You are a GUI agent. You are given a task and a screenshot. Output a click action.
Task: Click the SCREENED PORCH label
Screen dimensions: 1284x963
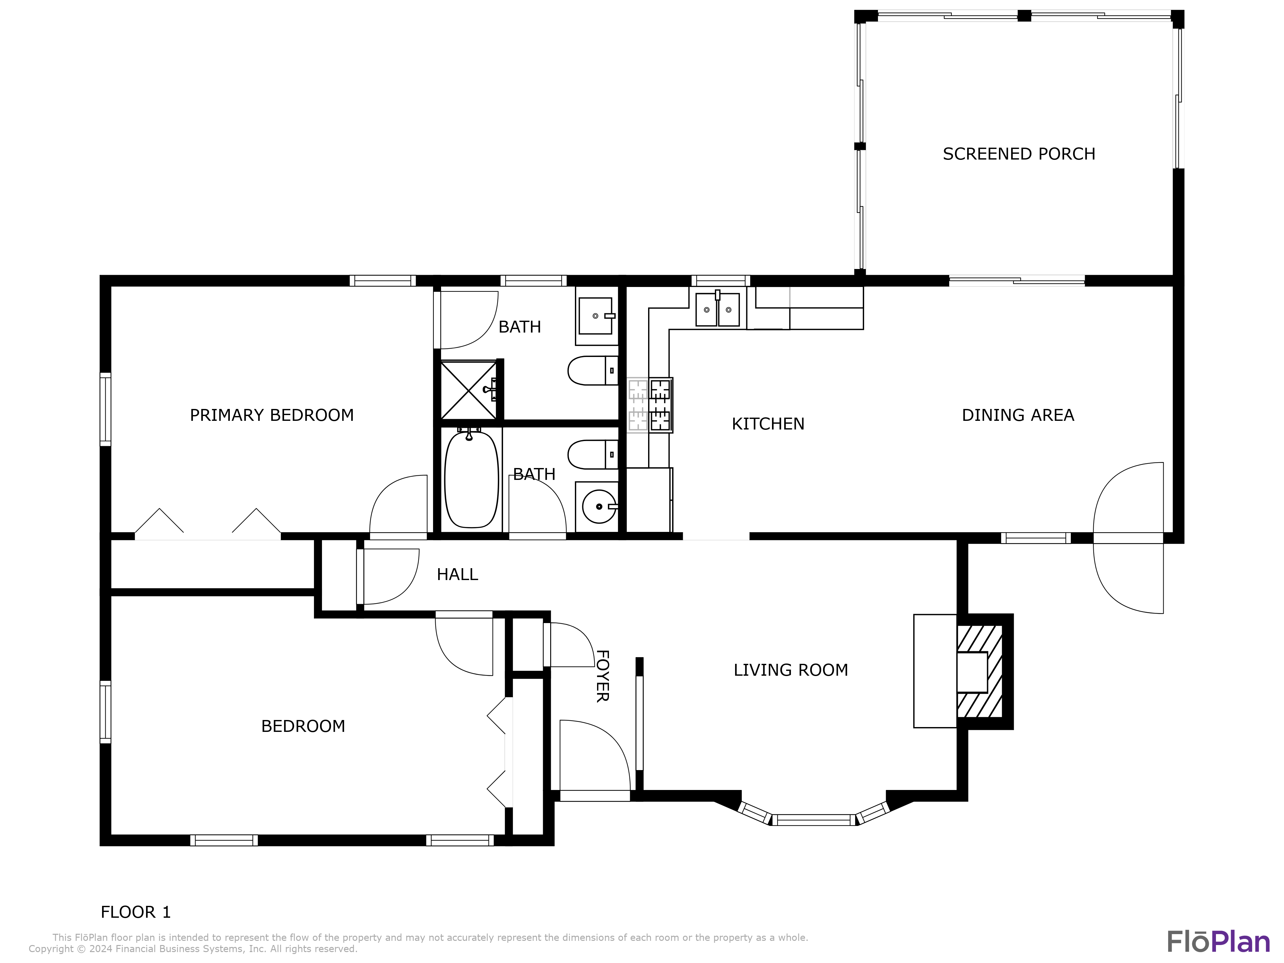1019,154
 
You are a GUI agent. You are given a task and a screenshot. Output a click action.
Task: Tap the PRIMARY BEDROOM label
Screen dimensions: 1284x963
272,415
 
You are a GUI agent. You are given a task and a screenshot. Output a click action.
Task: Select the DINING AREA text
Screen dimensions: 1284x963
1018,415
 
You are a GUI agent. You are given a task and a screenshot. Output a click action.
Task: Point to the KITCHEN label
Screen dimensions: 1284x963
768,424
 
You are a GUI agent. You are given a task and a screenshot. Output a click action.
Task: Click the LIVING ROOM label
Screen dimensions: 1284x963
791,670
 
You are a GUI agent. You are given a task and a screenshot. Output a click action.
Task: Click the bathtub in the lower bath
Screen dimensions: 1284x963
471,479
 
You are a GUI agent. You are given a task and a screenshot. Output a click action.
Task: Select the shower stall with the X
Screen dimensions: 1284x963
468,390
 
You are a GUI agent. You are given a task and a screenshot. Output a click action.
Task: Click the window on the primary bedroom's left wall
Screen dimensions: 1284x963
105,409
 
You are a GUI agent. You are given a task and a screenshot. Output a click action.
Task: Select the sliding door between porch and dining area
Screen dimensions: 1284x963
1016,281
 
